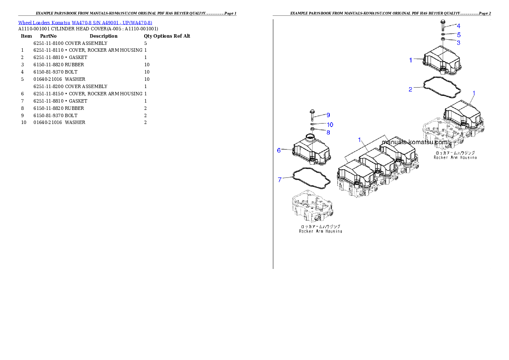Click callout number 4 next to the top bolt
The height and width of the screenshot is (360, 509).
coord(458,26)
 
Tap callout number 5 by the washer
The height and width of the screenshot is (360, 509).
coord(459,34)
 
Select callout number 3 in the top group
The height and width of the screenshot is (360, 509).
coord(459,42)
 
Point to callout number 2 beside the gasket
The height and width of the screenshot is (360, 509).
coord(410,89)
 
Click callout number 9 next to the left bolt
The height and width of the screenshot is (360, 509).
coord(328,115)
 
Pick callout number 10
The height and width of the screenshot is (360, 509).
coord(330,124)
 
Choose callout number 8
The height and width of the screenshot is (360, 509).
coord(328,133)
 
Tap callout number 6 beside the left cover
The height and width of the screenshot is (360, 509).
coord(279,150)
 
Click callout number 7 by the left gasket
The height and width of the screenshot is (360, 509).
coord(280,180)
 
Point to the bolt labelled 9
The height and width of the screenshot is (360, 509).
coord(312,116)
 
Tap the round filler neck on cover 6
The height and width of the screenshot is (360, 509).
coord(310,138)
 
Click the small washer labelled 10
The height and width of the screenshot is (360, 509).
coord(312,124)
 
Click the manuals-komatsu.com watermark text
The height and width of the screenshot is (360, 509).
coord(414,142)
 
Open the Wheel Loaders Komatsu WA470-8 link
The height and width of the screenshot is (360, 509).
coord(85,22)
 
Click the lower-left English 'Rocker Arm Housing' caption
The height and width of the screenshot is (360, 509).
coord(320,231)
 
